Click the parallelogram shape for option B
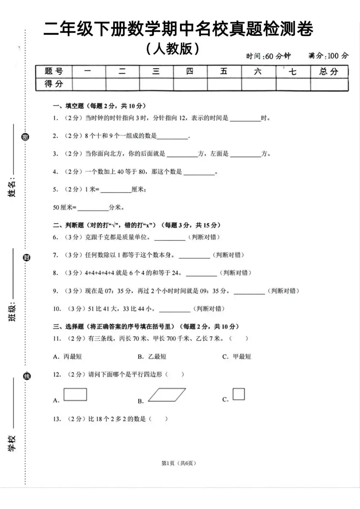point(167,395)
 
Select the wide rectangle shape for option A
point(75,394)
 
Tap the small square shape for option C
point(239,394)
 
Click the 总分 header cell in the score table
point(329,71)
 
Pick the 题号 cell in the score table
point(54,71)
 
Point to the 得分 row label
point(54,84)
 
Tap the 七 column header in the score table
point(293,71)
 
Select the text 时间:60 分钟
point(268,56)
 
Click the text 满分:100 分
point(328,56)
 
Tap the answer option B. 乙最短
point(152,357)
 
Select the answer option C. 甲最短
point(237,357)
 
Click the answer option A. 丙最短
point(67,357)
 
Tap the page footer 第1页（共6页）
point(179,463)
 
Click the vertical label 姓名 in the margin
point(12,188)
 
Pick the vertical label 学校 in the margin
point(12,443)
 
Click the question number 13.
point(57,419)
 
